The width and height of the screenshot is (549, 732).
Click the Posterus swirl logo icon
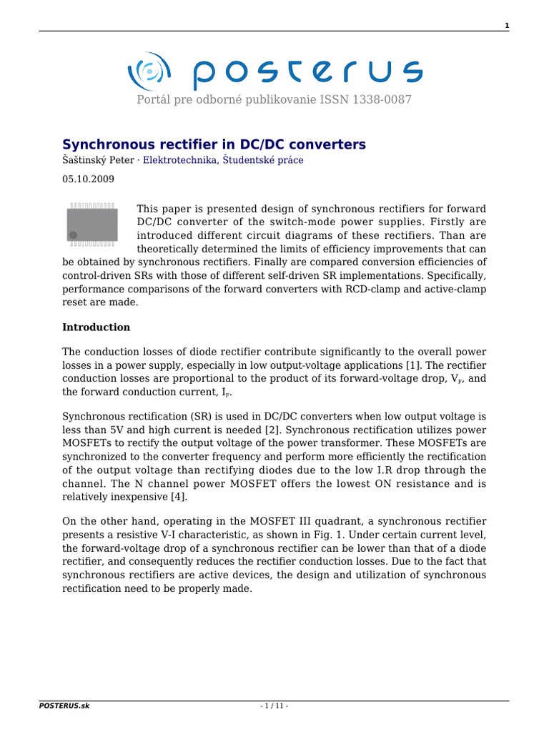[149, 71]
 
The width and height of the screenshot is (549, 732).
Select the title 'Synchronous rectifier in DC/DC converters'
[214, 144]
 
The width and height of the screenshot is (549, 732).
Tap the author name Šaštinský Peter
[98, 160]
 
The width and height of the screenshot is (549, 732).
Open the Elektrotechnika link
[179, 160]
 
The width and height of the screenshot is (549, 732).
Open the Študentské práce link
[263, 160]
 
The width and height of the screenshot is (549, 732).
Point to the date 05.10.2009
[88, 179]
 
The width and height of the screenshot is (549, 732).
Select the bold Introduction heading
[97, 327]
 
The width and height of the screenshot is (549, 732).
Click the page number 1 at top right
[507, 26]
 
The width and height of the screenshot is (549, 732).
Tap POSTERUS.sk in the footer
[64, 706]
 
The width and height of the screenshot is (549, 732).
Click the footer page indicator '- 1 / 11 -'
[274, 706]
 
